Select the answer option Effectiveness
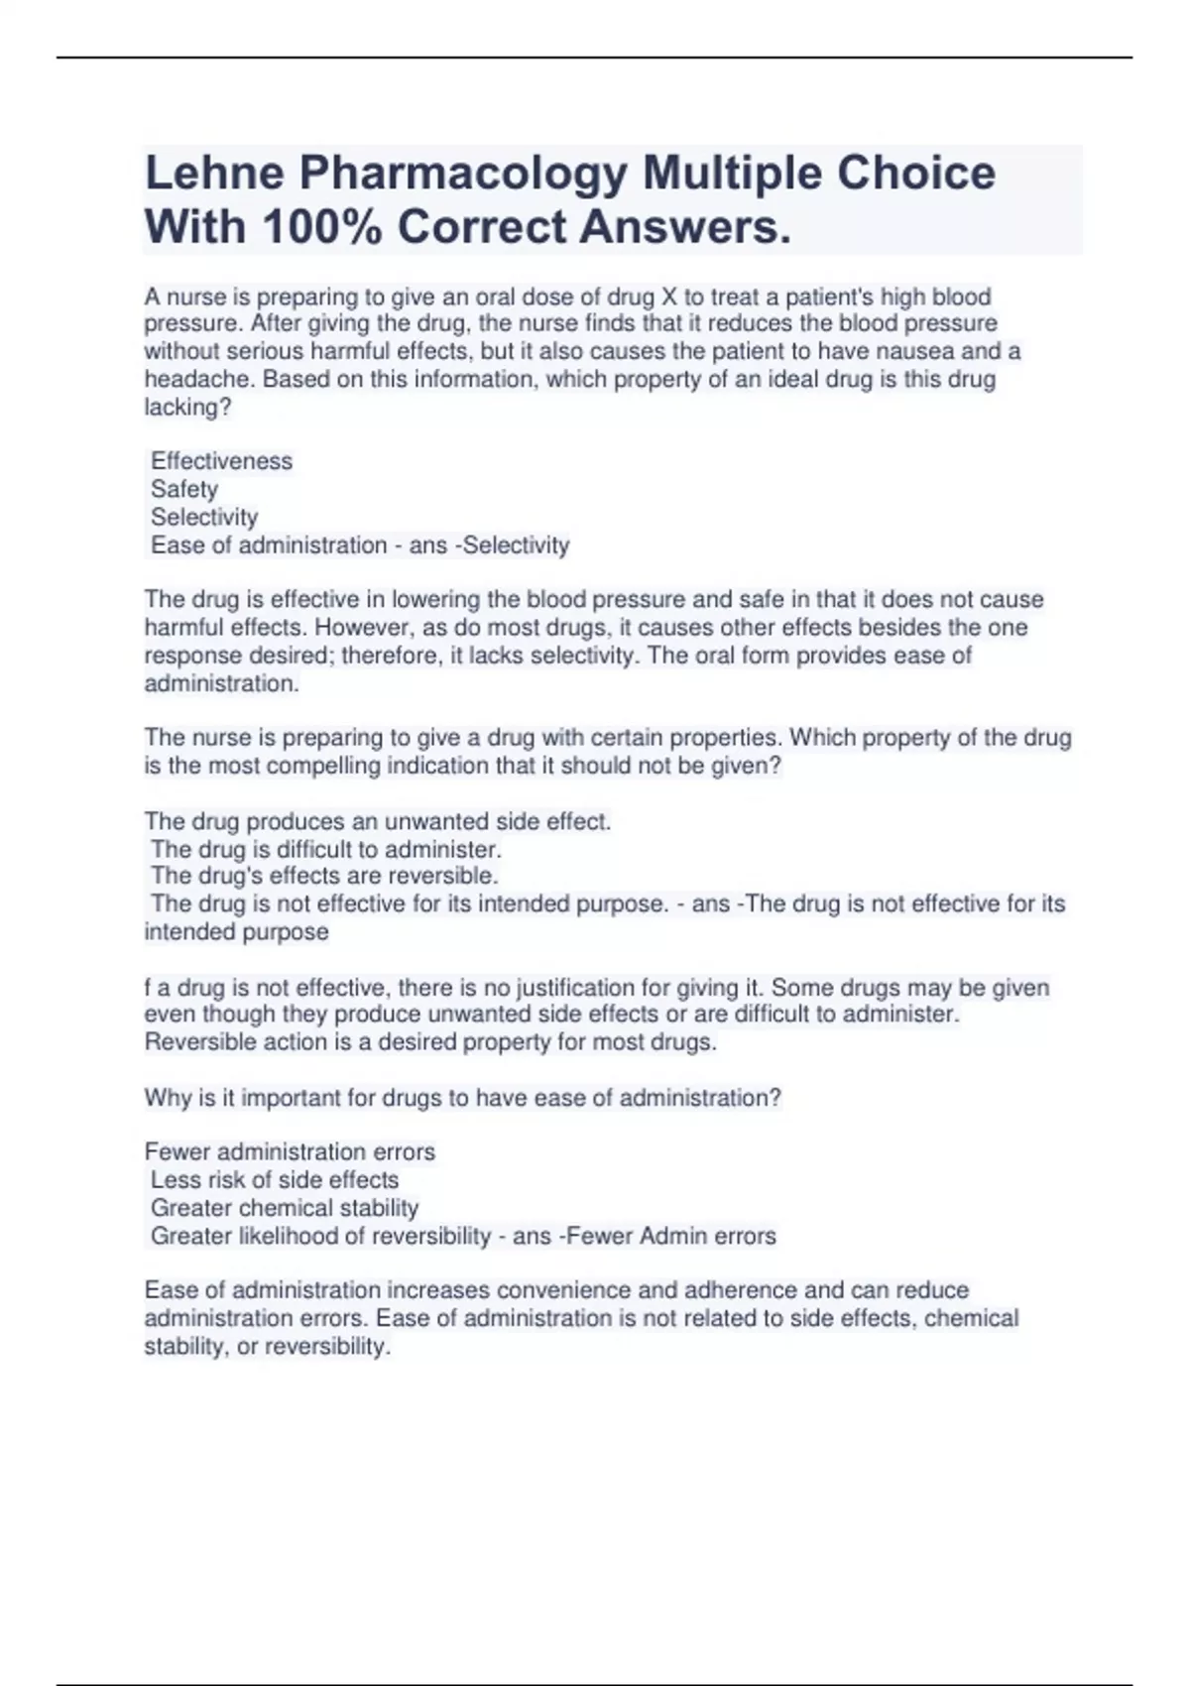pos(221,461)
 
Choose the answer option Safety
pos(184,489)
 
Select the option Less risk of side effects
pos(275,1180)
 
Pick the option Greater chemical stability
pos(285,1208)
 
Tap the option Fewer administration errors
pos(290,1152)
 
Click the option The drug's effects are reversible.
pos(324,876)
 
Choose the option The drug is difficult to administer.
pos(326,849)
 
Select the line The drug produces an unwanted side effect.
pos(378,821)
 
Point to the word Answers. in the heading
pos(686,227)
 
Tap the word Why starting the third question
pos(168,1098)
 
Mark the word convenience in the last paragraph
pos(566,1290)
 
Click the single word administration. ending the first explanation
pos(221,683)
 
